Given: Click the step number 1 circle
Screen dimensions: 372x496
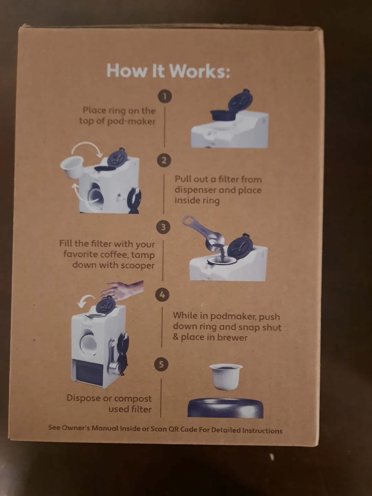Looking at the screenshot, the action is [x=165, y=96].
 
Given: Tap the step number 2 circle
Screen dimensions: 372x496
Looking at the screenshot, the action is [x=164, y=161].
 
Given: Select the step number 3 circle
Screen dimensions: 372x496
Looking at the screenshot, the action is [x=163, y=227].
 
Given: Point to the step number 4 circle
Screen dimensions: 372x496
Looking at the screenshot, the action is [x=162, y=294].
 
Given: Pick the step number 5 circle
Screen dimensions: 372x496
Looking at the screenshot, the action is [x=161, y=364].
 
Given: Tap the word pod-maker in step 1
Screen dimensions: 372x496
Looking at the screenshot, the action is [x=131, y=122].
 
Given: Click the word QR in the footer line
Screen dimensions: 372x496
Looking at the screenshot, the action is [x=174, y=429].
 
